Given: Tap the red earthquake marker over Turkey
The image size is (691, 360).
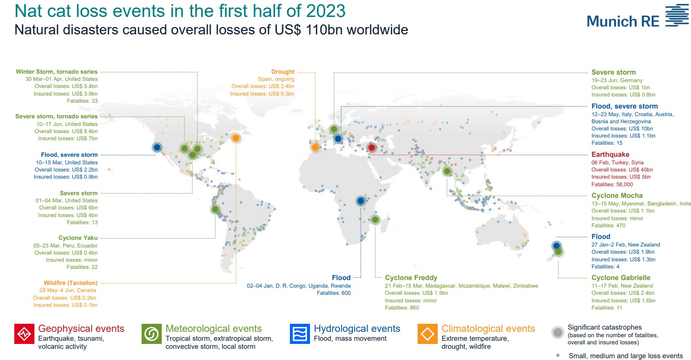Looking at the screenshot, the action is (372, 148).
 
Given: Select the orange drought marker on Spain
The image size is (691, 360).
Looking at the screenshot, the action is (315, 147).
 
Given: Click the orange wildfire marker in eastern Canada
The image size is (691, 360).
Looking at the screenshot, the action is (236, 138).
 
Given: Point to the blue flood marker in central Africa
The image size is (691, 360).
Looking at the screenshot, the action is (360, 201).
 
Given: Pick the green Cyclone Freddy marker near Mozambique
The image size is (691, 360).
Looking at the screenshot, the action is (375, 220).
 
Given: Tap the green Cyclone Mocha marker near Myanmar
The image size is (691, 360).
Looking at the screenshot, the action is (447, 171).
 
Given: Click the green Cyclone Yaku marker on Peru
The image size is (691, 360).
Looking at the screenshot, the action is (215, 209).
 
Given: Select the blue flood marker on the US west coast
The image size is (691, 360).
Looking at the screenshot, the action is (157, 147).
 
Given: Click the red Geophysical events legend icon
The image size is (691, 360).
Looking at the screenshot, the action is (24, 334).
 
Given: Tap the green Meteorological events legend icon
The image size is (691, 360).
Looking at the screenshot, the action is (151, 334).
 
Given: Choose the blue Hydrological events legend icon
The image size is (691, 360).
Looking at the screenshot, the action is (300, 334).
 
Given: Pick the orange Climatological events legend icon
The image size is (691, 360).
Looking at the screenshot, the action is (427, 334).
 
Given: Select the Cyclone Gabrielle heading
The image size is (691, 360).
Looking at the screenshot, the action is (621, 278).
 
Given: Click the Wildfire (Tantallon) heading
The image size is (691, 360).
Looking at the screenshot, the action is (71, 283).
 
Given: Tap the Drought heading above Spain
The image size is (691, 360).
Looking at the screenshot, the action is (283, 72).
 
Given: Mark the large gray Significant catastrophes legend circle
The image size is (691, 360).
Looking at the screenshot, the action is (558, 333).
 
